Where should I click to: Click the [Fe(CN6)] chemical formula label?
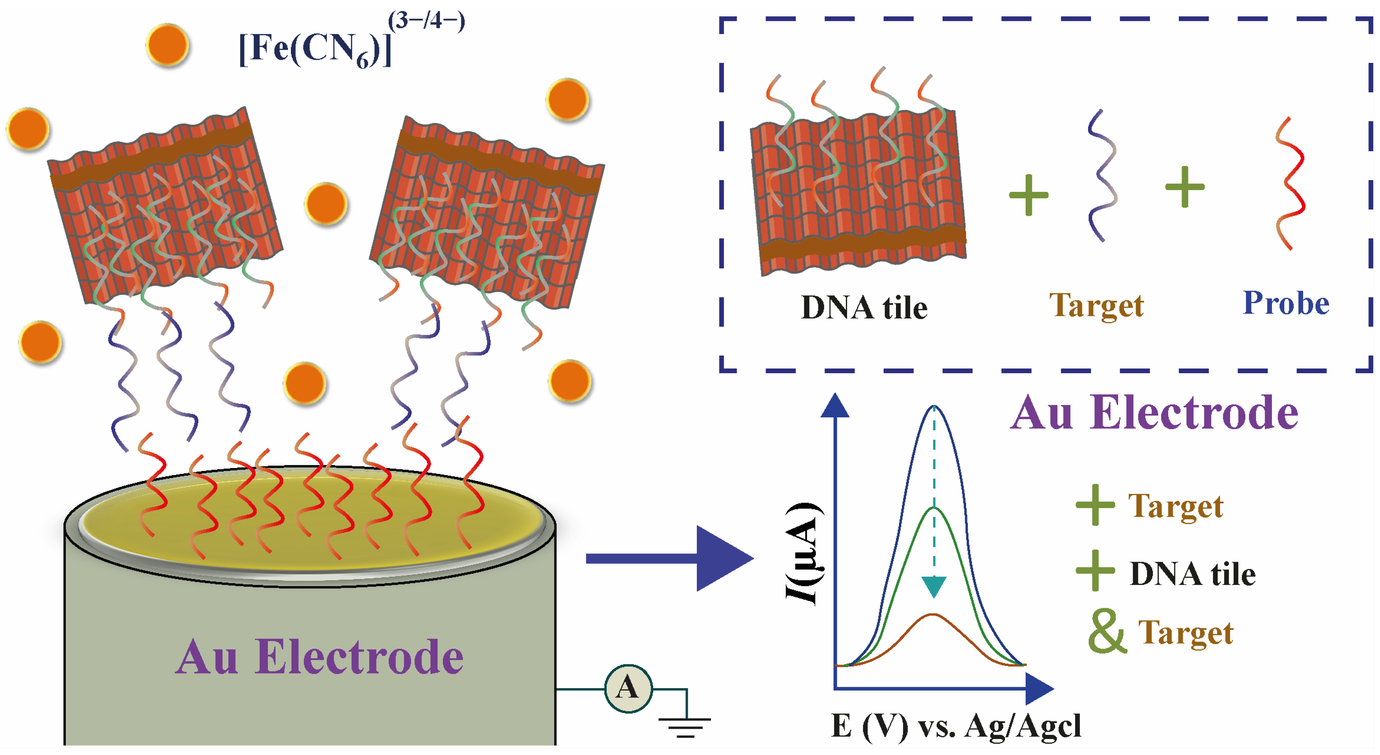[x=315, y=49]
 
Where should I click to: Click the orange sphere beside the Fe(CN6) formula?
[x=168, y=45]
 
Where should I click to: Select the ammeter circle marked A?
[x=628, y=688]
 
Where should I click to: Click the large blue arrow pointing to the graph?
[x=670, y=559]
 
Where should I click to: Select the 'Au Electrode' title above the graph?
[x=1155, y=413]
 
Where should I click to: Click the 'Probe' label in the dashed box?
[x=1286, y=303]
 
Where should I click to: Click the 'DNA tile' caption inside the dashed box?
[x=864, y=308]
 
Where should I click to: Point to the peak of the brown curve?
[x=933, y=615]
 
